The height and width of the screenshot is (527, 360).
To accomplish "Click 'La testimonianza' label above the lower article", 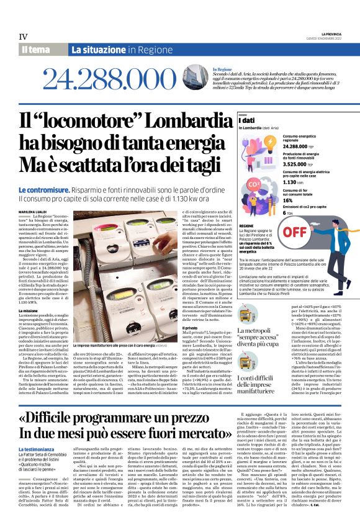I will pos(36,448).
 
